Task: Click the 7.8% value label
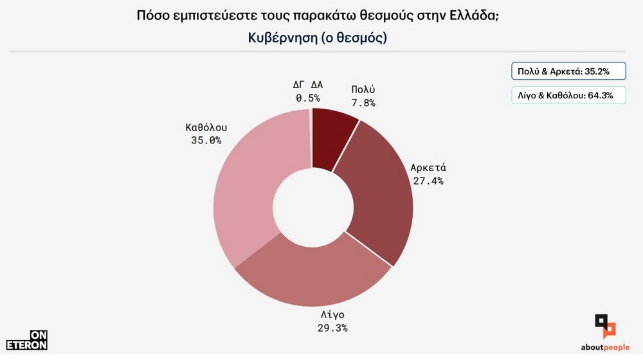click(363, 102)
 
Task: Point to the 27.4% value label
click(428, 181)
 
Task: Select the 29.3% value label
click(332, 328)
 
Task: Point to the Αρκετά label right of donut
click(428, 168)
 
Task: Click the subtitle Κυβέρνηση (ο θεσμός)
click(317, 37)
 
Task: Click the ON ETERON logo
click(26, 339)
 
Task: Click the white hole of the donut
click(313, 206)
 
